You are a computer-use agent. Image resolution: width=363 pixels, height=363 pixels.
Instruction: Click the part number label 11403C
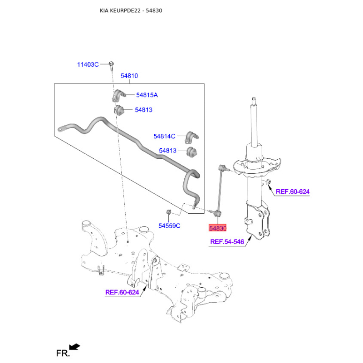click(88, 64)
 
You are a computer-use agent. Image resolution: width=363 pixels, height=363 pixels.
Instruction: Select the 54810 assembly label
click(129, 76)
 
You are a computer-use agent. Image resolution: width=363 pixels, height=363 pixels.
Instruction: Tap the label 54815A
click(147, 95)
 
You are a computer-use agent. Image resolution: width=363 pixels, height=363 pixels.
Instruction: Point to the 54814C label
click(164, 137)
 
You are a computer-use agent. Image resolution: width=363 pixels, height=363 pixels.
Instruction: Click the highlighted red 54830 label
click(217, 228)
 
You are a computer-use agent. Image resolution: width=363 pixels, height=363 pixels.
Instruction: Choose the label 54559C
click(169, 226)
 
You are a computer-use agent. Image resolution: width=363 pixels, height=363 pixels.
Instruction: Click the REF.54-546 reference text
click(227, 242)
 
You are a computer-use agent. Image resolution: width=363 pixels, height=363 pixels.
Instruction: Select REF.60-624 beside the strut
click(293, 191)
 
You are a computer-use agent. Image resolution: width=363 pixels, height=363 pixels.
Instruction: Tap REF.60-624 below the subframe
click(122, 292)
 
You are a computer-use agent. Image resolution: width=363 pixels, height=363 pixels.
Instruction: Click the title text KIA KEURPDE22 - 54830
click(131, 10)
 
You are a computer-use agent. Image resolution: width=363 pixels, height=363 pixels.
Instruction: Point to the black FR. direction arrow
click(75, 347)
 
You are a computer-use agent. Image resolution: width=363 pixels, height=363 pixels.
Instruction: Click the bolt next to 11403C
click(111, 66)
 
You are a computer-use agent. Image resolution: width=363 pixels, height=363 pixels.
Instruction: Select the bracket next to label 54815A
click(118, 95)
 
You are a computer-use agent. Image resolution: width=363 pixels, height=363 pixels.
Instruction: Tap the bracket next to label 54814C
click(191, 137)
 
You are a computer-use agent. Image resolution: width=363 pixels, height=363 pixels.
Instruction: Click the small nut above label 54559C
click(169, 211)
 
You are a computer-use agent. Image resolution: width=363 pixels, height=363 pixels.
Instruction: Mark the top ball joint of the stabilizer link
click(221, 167)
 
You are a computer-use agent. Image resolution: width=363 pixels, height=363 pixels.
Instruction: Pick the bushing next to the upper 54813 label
click(119, 110)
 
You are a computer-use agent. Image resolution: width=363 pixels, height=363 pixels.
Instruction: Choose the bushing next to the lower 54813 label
click(192, 152)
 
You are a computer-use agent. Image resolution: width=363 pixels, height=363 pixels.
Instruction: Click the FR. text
click(63, 353)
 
